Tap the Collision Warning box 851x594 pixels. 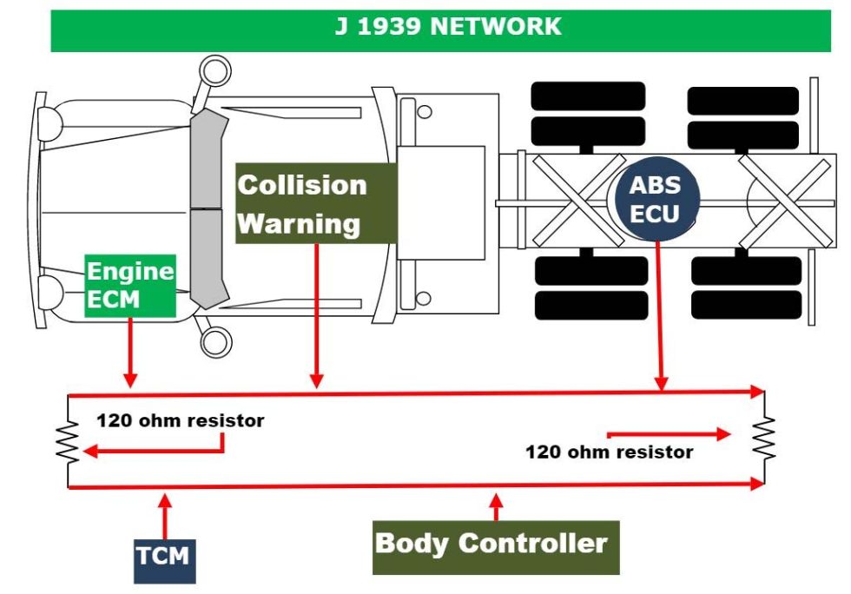pyautogui.click(x=316, y=203)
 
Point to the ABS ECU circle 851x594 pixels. pyautogui.click(x=655, y=199)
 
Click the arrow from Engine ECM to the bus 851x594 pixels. pyautogui.click(x=130, y=352)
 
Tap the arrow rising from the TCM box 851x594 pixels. pyautogui.click(x=165, y=516)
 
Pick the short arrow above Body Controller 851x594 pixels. pyautogui.click(x=496, y=506)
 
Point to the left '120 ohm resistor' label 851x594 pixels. pyautogui.click(x=180, y=421)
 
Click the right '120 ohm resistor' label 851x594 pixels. pyautogui.click(x=609, y=452)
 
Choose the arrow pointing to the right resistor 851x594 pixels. pyautogui.click(x=669, y=432)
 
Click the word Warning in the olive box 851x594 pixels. pyautogui.click(x=299, y=223)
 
